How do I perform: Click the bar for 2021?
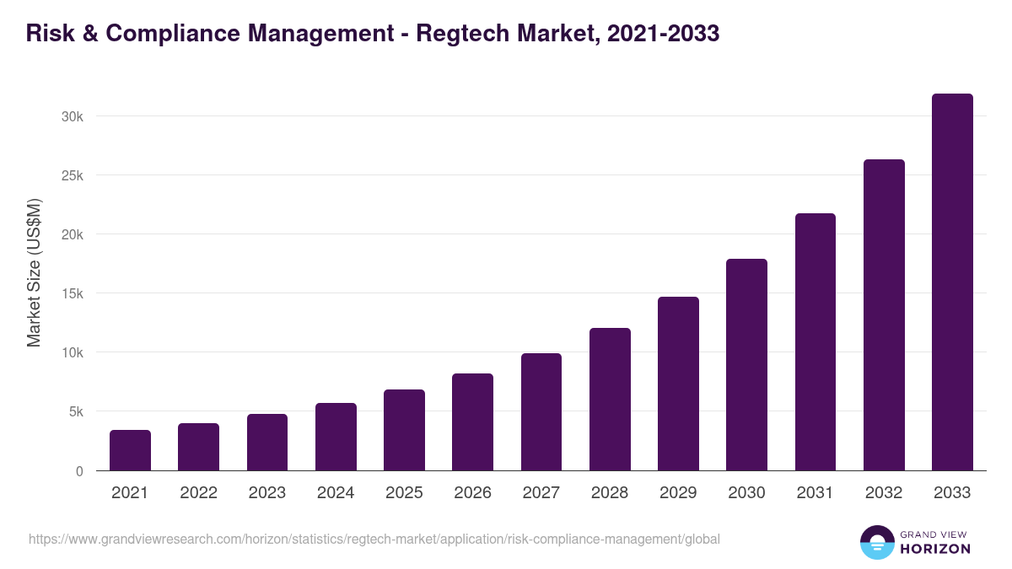(x=130, y=450)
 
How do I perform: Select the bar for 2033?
(x=952, y=282)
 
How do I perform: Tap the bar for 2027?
(x=541, y=412)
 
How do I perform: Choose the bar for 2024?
(x=336, y=437)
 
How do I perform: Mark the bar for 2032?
(x=884, y=315)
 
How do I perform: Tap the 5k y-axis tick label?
(x=76, y=412)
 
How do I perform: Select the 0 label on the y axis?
(x=79, y=471)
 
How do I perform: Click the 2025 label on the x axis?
(x=404, y=493)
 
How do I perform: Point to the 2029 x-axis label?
(x=678, y=493)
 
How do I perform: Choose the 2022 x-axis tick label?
(x=198, y=493)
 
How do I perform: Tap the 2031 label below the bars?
(x=815, y=493)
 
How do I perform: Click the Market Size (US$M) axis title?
(x=34, y=273)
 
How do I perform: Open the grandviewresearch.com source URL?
(x=374, y=539)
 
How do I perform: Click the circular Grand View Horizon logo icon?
(x=876, y=542)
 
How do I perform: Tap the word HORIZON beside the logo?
(x=935, y=549)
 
